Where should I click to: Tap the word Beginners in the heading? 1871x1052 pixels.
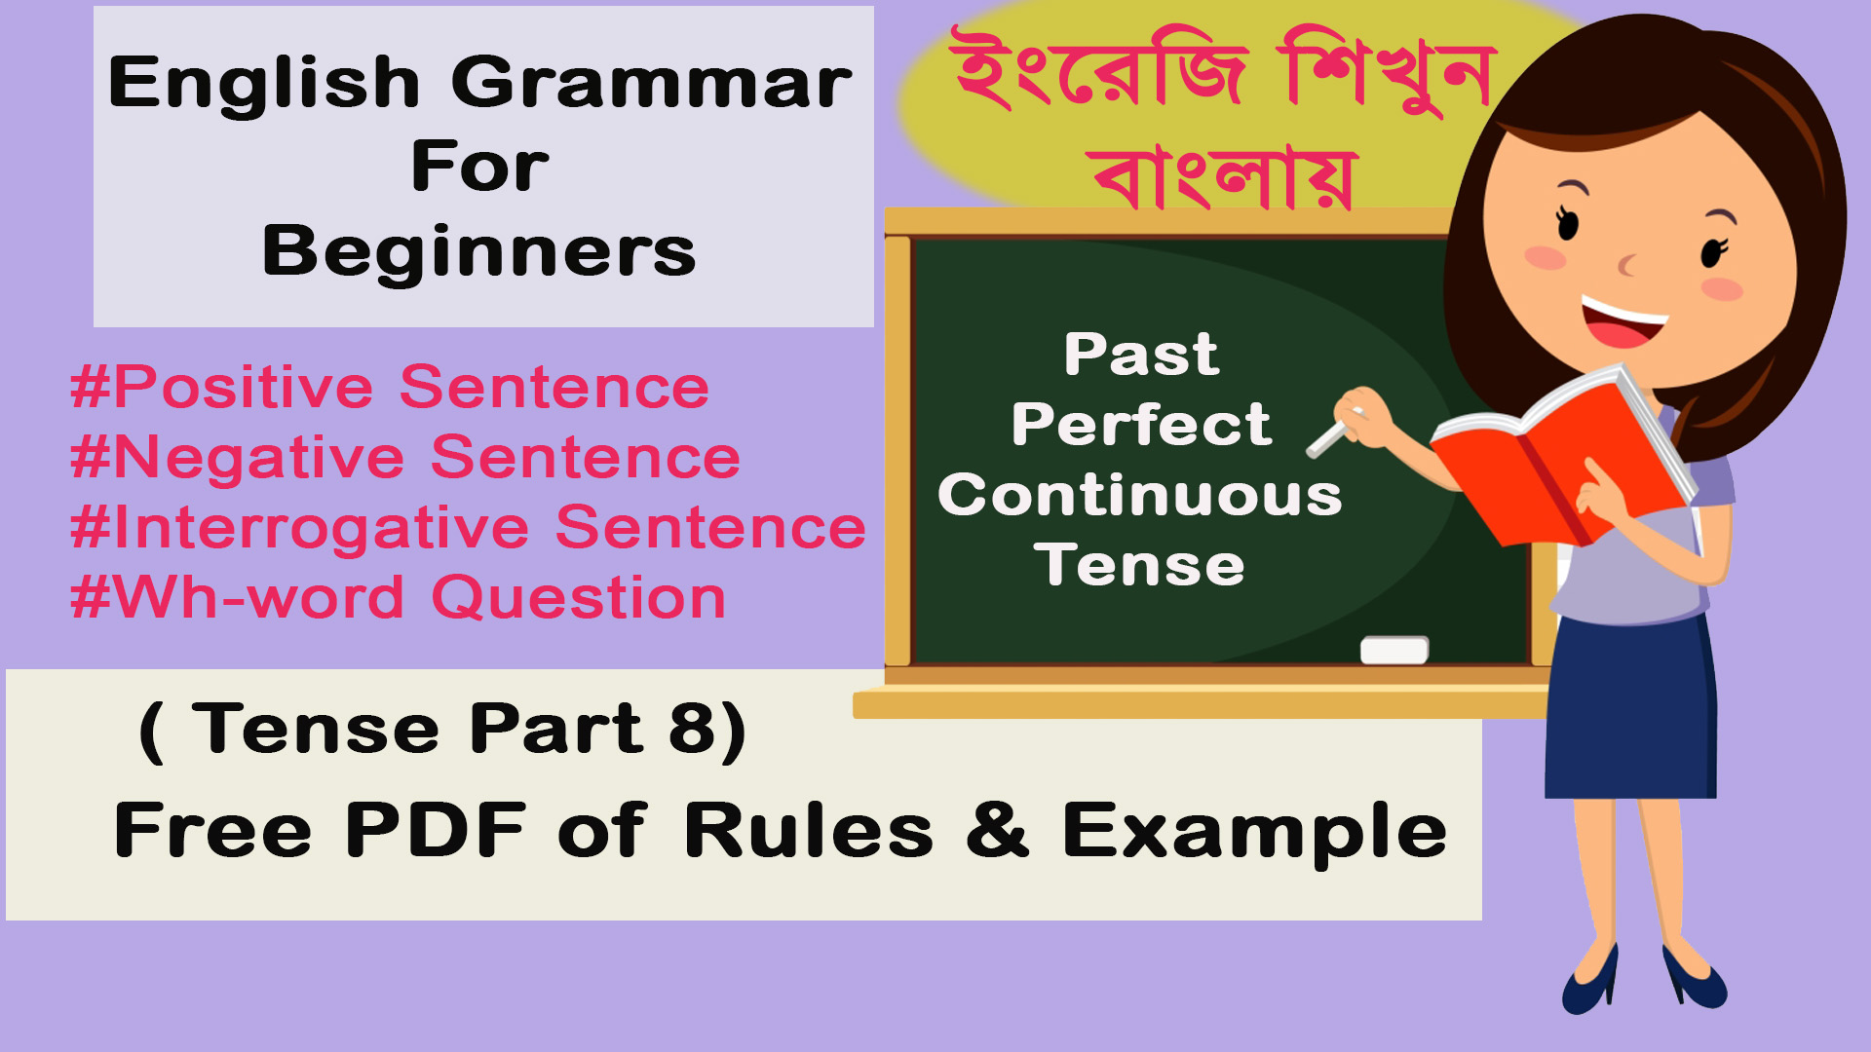click(479, 252)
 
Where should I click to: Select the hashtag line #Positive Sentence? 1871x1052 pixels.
click(390, 387)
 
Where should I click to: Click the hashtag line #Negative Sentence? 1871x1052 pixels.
click(405, 458)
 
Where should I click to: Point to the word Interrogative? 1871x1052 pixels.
click(322, 529)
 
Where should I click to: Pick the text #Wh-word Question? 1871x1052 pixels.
click(399, 597)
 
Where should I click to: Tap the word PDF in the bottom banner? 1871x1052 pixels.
click(436, 830)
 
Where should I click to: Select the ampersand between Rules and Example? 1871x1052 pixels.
click(998, 830)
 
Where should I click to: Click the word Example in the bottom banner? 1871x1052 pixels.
click(1255, 833)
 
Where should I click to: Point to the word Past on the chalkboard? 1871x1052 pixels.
click(1141, 354)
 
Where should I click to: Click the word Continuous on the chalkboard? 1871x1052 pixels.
click(1140, 495)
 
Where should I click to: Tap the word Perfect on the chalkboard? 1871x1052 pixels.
click(1141, 425)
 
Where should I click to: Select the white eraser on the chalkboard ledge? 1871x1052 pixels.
click(1394, 650)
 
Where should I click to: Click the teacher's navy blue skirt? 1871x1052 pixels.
click(1630, 706)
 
